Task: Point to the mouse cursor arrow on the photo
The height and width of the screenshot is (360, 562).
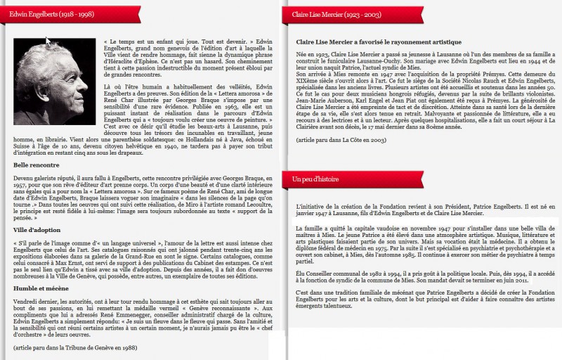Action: click(x=48, y=41)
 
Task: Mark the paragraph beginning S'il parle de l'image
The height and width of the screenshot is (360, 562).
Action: click(x=140, y=259)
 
